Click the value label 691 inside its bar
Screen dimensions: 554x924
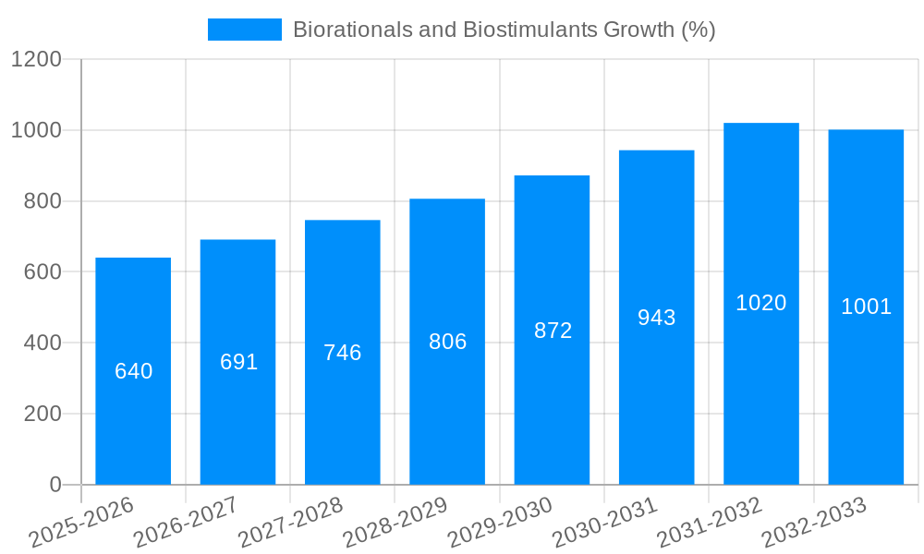[238, 362]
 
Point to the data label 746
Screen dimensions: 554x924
[342, 353]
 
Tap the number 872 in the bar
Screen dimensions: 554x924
[553, 331]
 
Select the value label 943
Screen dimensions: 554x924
[656, 318]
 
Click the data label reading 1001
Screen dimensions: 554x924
[866, 307]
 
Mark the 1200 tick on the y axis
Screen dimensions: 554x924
[36, 60]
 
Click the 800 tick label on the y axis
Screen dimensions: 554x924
[43, 201]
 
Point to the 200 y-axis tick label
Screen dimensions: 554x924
[43, 414]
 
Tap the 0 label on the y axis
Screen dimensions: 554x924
[55, 485]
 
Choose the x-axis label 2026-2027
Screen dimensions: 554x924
[186, 523]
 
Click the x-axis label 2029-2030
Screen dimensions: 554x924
[500, 523]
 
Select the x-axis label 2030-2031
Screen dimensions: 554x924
[604, 523]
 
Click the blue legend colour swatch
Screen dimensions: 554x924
[244, 30]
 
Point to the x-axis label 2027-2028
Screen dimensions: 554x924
[290, 523]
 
